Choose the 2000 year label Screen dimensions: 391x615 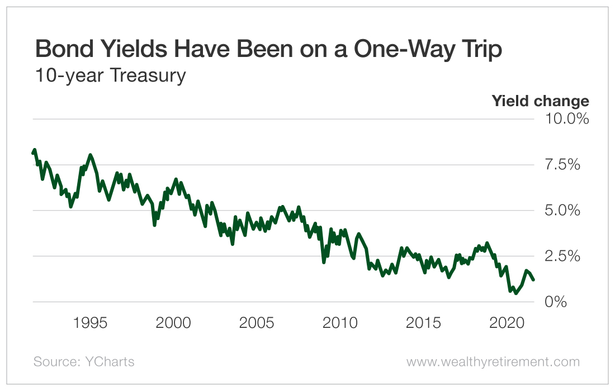[174, 323]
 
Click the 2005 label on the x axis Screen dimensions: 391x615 [257, 323]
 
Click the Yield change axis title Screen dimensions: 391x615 [540, 101]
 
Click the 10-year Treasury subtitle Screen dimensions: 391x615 [110, 75]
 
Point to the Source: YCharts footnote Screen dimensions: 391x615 [84, 362]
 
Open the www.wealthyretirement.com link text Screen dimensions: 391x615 [493, 362]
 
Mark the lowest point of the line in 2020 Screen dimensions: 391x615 [516, 293]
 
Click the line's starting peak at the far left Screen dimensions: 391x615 [35, 150]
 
